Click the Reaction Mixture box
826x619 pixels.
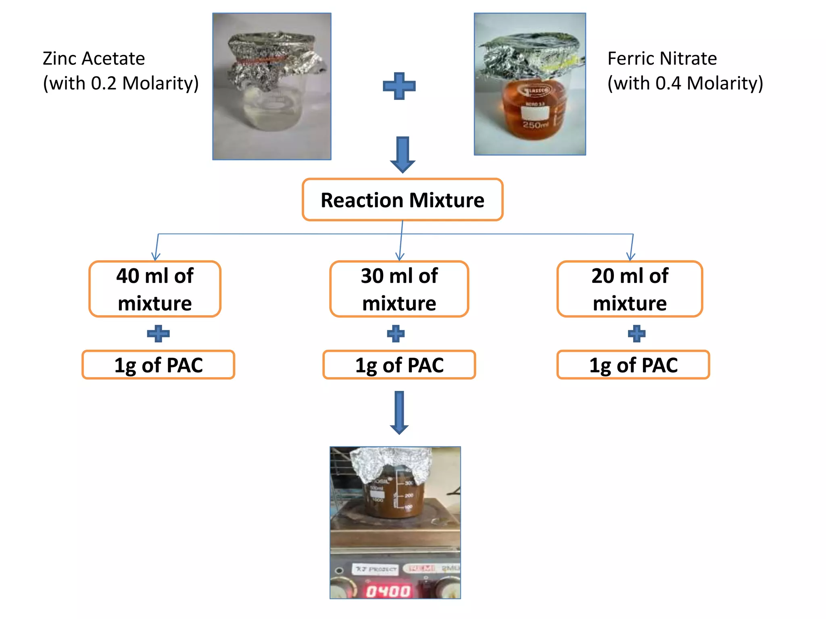coord(403,200)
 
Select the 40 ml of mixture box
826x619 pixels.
coord(155,289)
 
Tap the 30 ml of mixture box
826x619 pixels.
coord(399,289)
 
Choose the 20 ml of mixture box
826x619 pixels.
coord(630,289)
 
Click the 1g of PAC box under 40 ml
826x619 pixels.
coord(158,365)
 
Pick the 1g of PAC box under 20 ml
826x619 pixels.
coord(633,365)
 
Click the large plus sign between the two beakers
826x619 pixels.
coord(399,86)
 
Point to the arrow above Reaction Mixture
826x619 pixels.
coord(403,155)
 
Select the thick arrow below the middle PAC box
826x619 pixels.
coord(399,412)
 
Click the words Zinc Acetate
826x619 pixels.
coord(94,58)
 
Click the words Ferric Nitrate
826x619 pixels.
coord(662,58)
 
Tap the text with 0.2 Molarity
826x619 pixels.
coord(121,83)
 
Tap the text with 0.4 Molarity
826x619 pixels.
coord(685,83)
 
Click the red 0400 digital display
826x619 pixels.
coord(388,591)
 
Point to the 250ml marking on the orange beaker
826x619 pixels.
coord(535,125)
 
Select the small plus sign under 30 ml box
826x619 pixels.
coord(396,334)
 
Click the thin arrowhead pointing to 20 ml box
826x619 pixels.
coord(631,256)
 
